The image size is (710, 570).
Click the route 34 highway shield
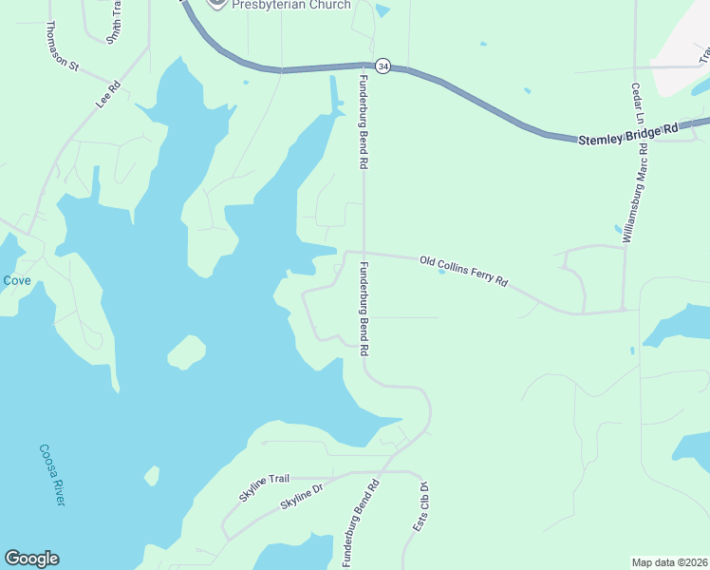point(383,66)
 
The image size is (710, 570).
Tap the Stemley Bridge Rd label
point(629,132)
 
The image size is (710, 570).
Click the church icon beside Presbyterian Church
point(217,3)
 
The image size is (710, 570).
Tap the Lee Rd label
point(108,95)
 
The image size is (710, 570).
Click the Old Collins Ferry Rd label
point(464,271)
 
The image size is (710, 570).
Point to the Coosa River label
point(51,475)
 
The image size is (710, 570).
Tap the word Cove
point(16,280)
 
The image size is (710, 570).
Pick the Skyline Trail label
point(264,485)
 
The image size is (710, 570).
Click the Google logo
point(31,559)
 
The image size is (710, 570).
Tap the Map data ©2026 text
point(669,562)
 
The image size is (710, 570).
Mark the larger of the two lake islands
point(187,352)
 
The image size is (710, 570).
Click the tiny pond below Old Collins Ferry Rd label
point(442,273)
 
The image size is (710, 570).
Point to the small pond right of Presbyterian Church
point(382,10)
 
